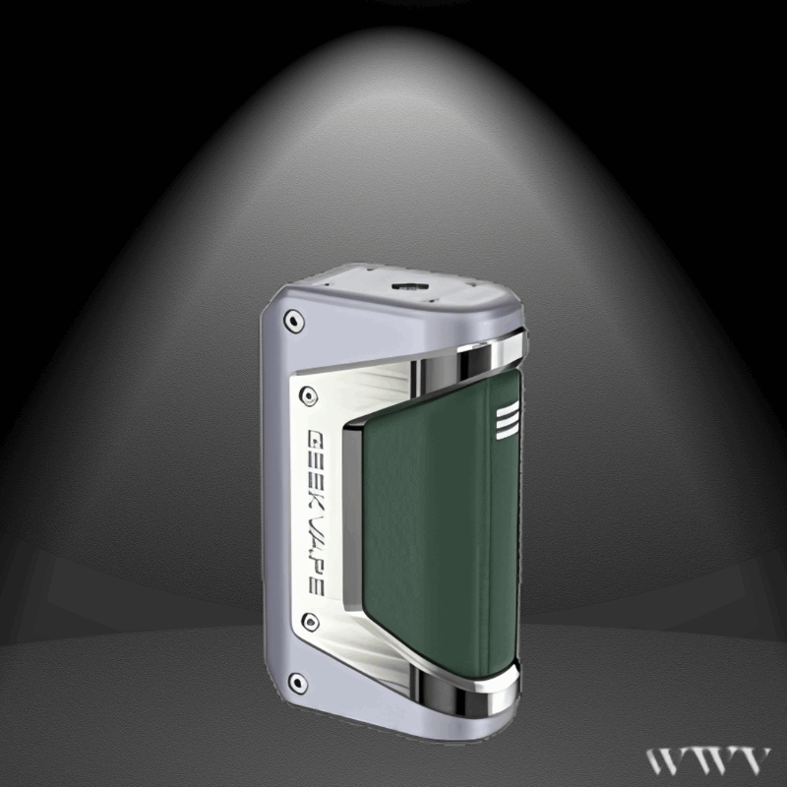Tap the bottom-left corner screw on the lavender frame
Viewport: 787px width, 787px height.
(292, 680)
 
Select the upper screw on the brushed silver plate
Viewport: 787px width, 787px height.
(309, 393)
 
